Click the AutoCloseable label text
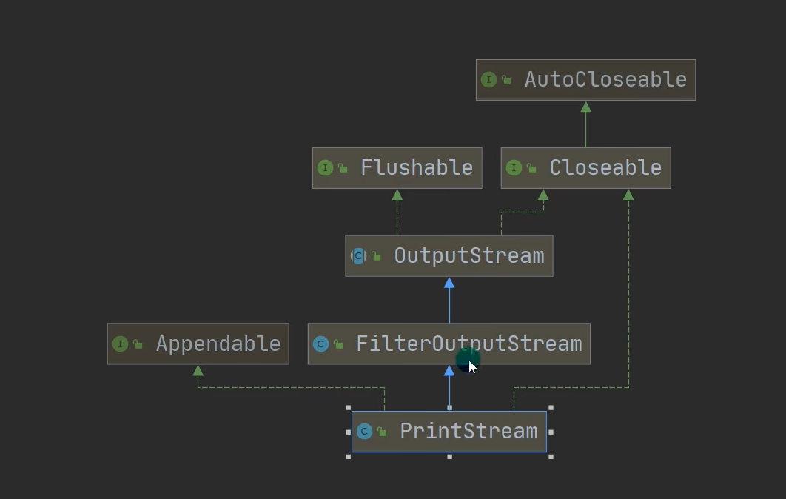[x=605, y=79]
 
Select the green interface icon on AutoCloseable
[x=488, y=79]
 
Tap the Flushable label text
[x=417, y=167]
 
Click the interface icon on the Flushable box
[x=325, y=168]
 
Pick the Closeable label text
[x=605, y=167]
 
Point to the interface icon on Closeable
[x=514, y=168]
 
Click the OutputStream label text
[x=469, y=255]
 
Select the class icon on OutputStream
[x=358, y=256]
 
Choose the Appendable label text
[x=218, y=344]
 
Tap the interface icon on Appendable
[x=120, y=344]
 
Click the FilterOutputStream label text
[x=469, y=344]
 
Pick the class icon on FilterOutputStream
[x=320, y=344]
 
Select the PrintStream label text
[x=468, y=431]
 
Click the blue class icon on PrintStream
[x=364, y=432]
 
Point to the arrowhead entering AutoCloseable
[x=585, y=107]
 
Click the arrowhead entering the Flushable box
[x=397, y=195]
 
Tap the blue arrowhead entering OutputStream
[x=449, y=283]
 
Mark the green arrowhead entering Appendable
[x=198, y=370]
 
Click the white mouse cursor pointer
[x=472, y=366]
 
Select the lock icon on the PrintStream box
[x=382, y=432]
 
